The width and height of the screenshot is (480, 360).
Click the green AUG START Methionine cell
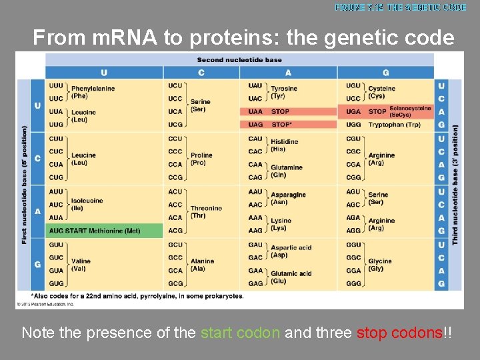coord(105,231)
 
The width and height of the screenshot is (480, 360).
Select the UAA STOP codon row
coord(289,111)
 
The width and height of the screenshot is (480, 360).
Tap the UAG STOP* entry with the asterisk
coord(289,124)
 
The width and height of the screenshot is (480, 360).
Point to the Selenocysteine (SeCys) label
coord(410,111)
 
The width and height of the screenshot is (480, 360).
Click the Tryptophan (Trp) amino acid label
coord(394,125)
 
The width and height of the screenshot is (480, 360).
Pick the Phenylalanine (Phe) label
coord(93,92)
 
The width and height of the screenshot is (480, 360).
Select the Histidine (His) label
coord(284,145)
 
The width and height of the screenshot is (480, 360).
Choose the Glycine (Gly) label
coord(380,265)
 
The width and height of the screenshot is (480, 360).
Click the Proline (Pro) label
coord(201,159)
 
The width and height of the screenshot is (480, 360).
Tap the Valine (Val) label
coord(81,265)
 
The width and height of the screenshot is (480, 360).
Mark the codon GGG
coord(353,283)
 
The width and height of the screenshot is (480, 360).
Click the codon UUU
coord(56,85)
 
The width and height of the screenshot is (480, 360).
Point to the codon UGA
coord(353,111)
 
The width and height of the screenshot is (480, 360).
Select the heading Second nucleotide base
coord(239,60)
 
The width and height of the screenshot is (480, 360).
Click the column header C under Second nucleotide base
coord(201,73)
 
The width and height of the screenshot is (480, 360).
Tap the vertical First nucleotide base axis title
coord(25,185)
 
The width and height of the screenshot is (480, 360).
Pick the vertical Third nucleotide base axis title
coord(455,185)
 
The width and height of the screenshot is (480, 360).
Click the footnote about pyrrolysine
coord(137,296)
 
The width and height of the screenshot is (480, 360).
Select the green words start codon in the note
coord(240,333)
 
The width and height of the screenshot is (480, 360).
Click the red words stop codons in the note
coord(400,333)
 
